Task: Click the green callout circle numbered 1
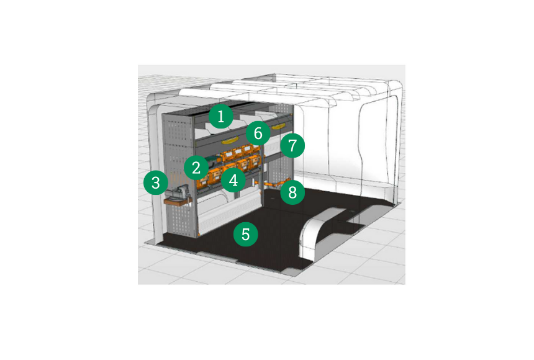[221, 117]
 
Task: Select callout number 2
[196, 168]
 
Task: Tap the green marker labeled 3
[156, 182]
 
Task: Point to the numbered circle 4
[233, 180]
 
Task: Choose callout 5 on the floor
[245, 235]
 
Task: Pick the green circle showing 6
[258, 133]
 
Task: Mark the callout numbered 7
[292, 145]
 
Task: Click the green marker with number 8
[292, 192]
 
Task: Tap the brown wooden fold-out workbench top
[176, 201]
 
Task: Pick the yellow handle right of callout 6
[279, 127]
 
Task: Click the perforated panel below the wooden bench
[181, 221]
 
